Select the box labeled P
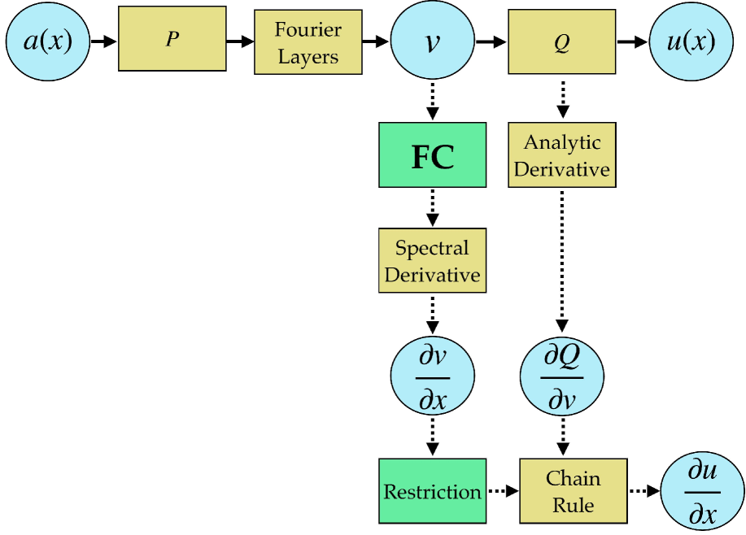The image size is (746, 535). [x=172, y=39]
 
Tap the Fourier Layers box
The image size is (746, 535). [x=308, y=42]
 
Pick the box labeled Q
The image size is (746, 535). [x=561, y=42]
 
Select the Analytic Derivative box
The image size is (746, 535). [x=561, y=156]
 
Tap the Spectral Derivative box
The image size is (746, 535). [x=432, y=261]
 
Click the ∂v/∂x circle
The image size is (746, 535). [x=432, y=377]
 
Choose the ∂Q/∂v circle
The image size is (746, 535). [x=561, y=377]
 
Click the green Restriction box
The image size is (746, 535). [x=432, y=491]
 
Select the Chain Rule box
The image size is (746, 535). [x=573, y=491]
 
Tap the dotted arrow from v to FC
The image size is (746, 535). [x=432, y=102]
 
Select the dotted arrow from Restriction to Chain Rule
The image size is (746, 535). [x=503, y=491]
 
